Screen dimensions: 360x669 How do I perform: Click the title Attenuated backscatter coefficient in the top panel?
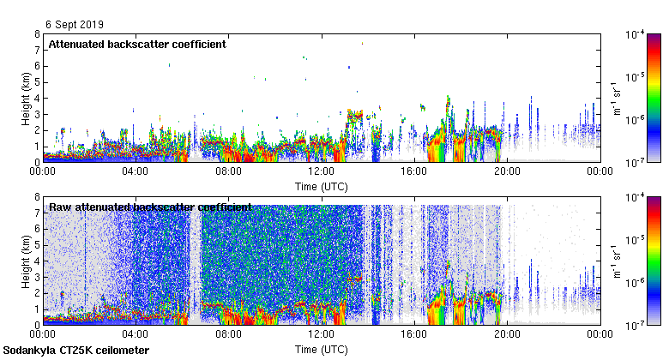(137, 44)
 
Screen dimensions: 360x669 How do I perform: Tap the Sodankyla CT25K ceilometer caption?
(76, 351)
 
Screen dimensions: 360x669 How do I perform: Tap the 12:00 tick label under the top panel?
(322, 171)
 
